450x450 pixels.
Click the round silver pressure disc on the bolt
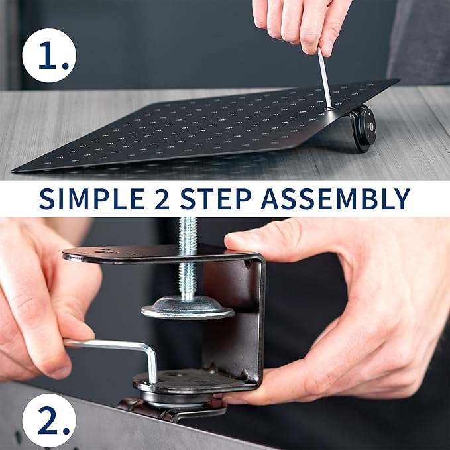[188, 308]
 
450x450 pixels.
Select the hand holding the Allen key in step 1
[302, 23]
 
